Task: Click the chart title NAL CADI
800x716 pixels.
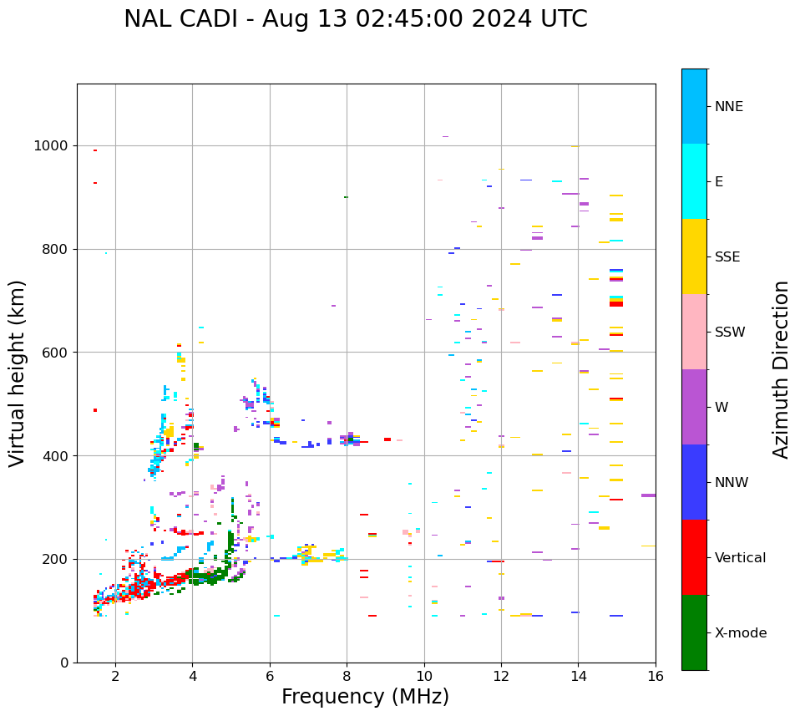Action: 355,19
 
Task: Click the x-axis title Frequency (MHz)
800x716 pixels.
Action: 365,697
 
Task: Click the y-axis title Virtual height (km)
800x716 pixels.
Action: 18,373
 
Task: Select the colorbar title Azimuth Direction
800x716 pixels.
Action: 781,369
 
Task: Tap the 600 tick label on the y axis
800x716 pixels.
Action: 58,353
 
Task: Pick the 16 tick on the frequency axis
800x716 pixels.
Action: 656,677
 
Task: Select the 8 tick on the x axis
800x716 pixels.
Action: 347,677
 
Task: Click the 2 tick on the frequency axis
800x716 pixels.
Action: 115,677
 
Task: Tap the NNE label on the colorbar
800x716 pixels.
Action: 729,107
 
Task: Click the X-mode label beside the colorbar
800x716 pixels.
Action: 741,633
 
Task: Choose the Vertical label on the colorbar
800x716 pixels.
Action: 740,558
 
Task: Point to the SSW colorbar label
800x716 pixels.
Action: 730,333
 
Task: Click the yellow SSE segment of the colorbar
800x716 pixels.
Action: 694,256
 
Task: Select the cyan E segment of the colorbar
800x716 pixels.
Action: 694,181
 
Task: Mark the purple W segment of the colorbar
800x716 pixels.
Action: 694,407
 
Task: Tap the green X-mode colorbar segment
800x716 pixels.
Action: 694,632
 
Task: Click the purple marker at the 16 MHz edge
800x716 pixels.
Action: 648,495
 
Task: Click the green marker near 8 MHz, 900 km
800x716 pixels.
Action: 346,197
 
